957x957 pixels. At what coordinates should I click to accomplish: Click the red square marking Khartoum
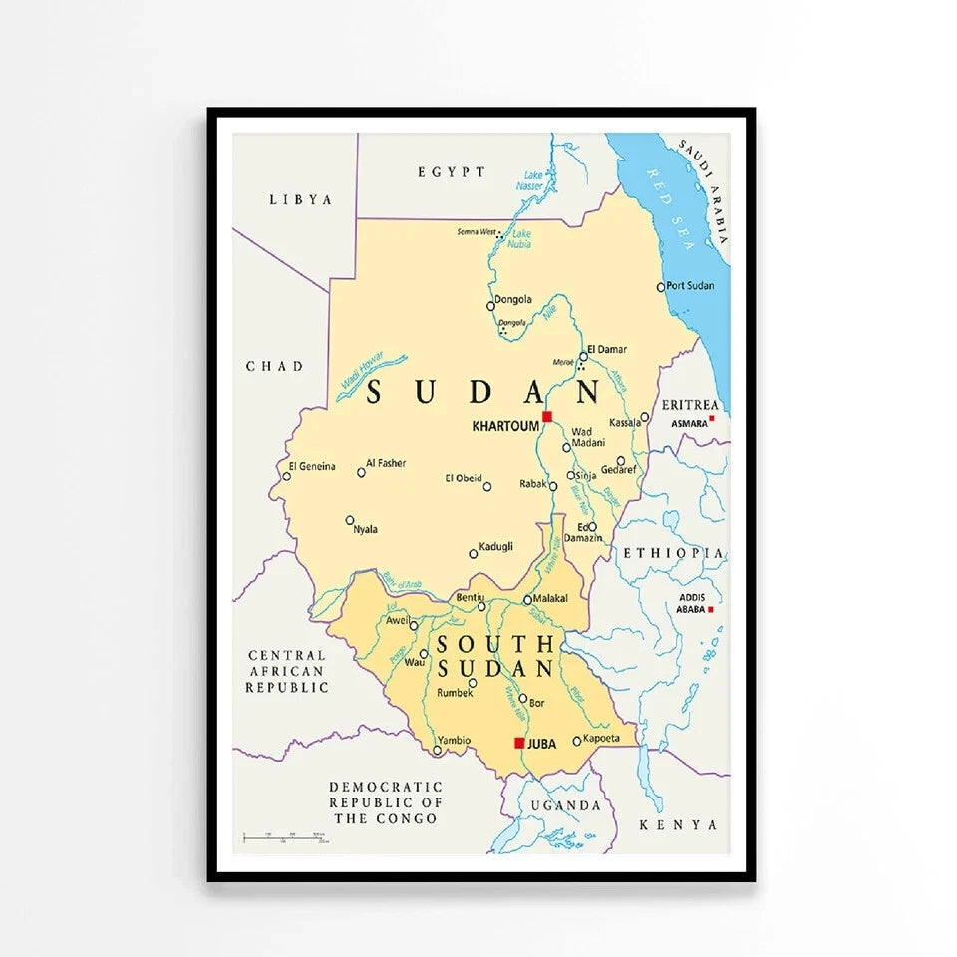546,416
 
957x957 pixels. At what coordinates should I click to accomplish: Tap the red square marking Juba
519,743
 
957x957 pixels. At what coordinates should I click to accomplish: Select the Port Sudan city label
690,286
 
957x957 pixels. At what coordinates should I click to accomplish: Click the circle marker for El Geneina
286,476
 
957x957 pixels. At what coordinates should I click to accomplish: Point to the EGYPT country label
452,172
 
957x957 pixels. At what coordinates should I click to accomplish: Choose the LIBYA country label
300,200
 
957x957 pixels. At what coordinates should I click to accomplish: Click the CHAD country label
274,367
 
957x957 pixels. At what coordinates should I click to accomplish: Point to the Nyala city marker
350,520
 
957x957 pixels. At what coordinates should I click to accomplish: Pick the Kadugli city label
495,546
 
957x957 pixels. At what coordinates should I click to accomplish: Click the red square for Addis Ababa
710,608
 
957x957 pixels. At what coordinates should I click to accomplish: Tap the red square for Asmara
711,420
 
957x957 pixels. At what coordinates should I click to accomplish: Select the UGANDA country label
565,805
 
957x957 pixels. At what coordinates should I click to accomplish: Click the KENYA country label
678,825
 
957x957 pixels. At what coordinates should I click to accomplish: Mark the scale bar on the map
284,837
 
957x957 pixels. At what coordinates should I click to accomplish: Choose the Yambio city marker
437,750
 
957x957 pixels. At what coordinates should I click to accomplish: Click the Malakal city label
550,598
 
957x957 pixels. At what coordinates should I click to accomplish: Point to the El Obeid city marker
486,486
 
